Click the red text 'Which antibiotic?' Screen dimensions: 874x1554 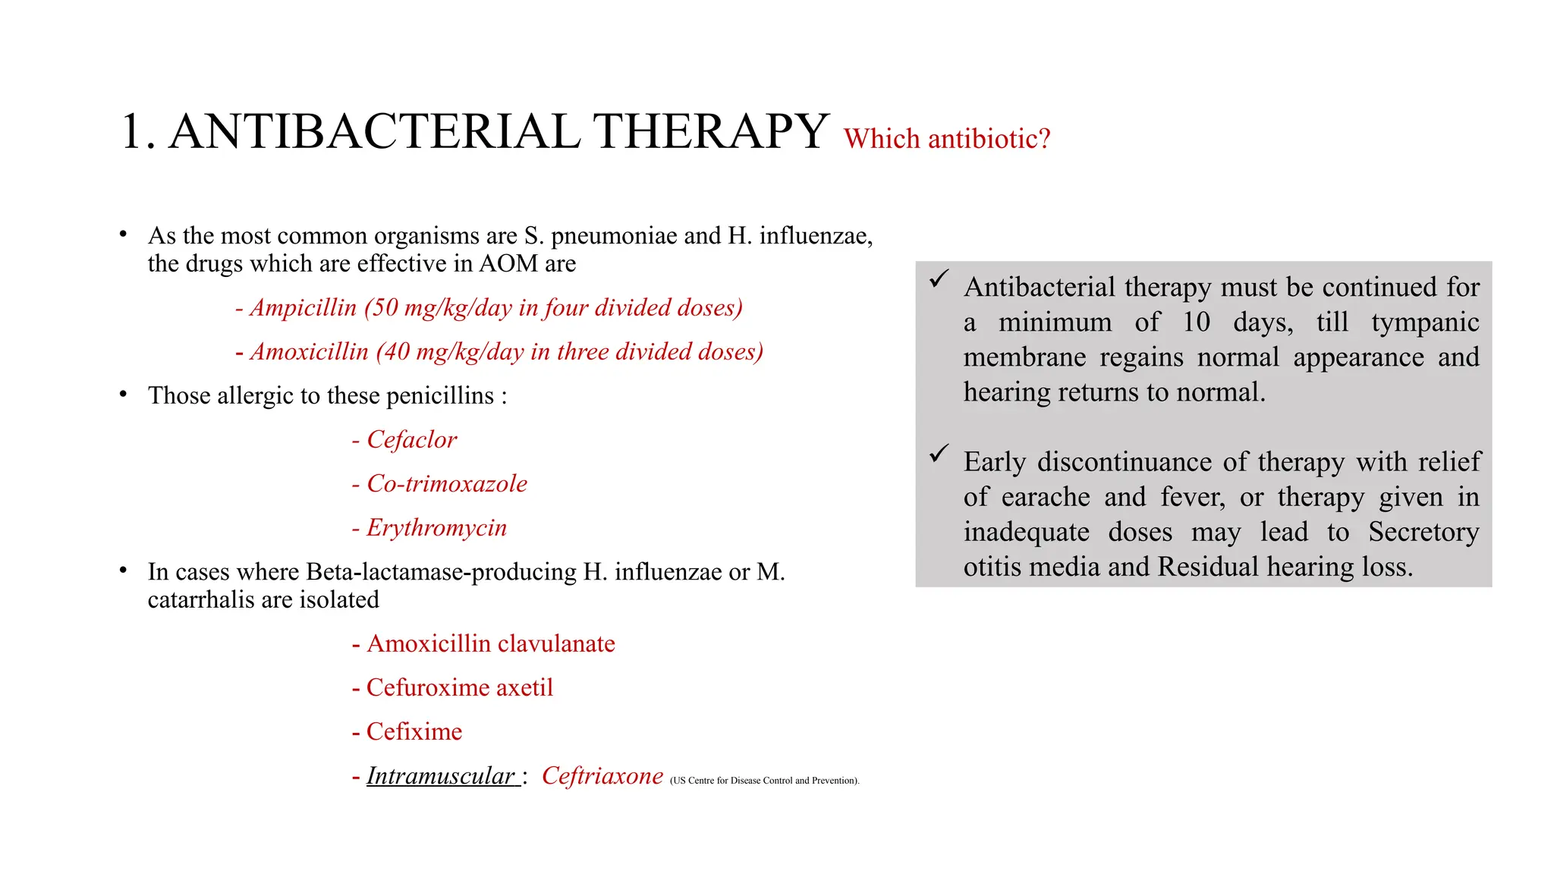pyautogui.click(x=946, y=139)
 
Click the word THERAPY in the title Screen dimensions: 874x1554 pyautogui.click(x=710, y=132)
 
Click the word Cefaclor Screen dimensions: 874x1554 pyautogui.click(x=412, y=440)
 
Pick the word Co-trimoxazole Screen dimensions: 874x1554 pyautogui.click(x=447, y=484)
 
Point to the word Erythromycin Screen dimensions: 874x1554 pyautogui.click(x=436, y=528)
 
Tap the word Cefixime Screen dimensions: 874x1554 pyautogui.click(x=414, y=732)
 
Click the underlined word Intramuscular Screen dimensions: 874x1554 pyautogui.click(x=441, y=776)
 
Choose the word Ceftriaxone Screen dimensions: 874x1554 pyautogui.click(x=602, y=776)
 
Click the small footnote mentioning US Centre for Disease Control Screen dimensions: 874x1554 pyautogui.click(x=764, y=781)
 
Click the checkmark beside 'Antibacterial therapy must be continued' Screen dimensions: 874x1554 pyautogui.click(x=939, y=278)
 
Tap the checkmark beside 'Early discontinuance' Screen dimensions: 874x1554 pyautogui.click(x=939, y=454)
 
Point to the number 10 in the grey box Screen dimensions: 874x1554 pyautogui.click(x=1196, y=322)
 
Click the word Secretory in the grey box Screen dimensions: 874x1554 pyautogui.click(x=1423, y=532)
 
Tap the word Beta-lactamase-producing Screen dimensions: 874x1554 pyautogui.click(x=442, y=572)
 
